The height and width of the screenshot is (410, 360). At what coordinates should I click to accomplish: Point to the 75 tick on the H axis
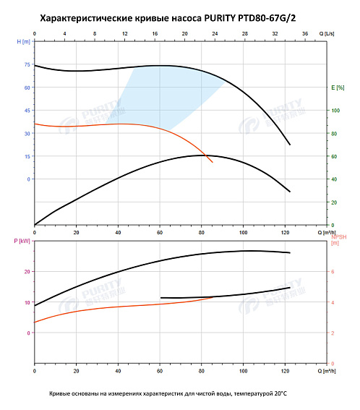(x=27, y=64)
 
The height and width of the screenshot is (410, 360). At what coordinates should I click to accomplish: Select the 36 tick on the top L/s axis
(x=304, y=34)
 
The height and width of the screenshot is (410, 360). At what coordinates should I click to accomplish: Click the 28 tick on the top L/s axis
(x=244, y=34)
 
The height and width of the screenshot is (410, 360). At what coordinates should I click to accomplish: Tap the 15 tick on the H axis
(x=27, y=156)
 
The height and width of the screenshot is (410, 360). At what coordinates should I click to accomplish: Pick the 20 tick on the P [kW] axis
(x=27, y=271)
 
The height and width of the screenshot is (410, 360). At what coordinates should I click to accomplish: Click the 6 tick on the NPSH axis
(x=333, y=271)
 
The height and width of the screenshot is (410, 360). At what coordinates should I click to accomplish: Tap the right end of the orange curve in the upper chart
(x=213, y=162)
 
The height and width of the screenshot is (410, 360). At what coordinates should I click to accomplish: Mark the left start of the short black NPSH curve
(x=160, y=298)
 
